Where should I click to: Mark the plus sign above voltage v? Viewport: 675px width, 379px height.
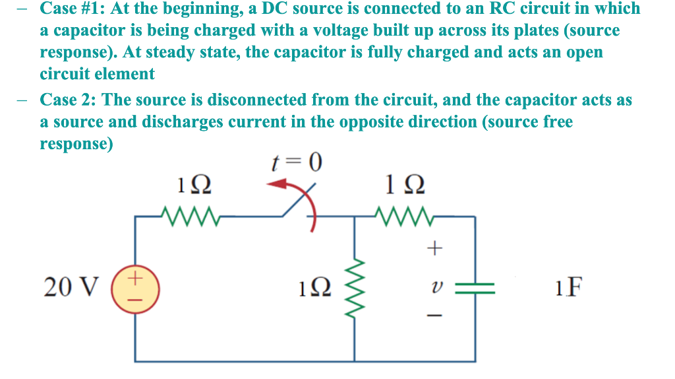pyautogui.click(x=433, y=249)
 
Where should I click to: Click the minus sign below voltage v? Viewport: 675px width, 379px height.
pyautogui.click(x=433, y=316)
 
